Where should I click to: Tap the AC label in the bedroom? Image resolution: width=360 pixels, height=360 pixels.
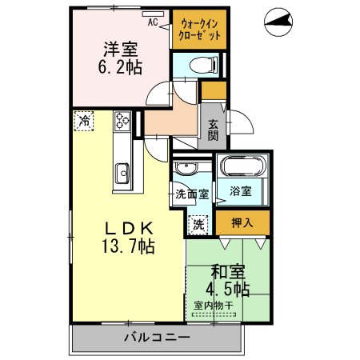click(174, 22)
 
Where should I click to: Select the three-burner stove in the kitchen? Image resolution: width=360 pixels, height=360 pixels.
click(122, 122)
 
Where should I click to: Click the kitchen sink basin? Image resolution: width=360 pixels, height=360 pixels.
click(123, 171)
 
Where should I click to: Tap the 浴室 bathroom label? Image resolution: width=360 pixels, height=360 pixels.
click(242, 191)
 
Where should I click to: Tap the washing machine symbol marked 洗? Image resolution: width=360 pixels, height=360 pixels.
click(198, 226)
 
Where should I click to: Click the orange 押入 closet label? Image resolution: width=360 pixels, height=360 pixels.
click(242, 222)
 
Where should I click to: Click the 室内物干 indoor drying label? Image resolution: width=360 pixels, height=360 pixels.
click(212, 304)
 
